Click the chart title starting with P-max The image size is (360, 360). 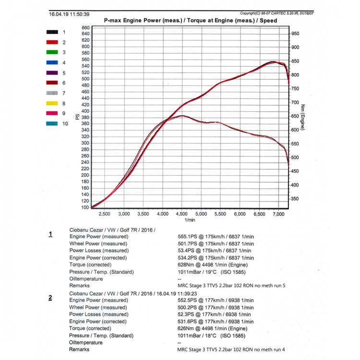[190, 21]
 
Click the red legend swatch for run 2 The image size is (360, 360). [52, 42]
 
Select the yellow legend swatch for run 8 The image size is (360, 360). [52, 103]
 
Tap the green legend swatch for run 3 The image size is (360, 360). [52, 52]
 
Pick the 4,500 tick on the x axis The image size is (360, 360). [182, 214]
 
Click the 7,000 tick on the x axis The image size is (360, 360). [279, 214]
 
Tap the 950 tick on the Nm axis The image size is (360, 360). [295, 34]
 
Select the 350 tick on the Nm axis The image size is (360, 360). [295, 199]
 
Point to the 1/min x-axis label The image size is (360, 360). [190, 220]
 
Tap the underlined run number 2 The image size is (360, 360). [50, 298]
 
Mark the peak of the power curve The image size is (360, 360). [272, 62]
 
